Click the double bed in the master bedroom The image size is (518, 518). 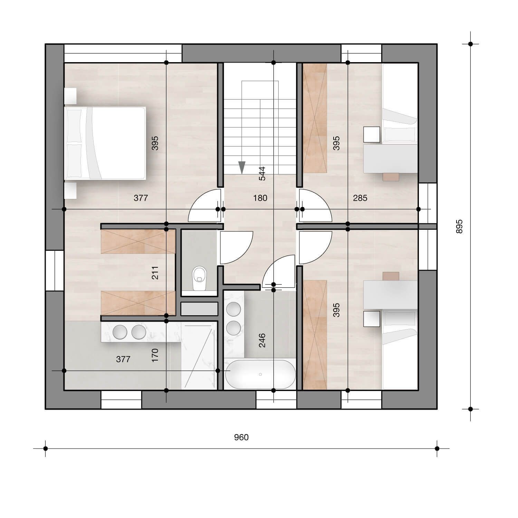tap(105, 143)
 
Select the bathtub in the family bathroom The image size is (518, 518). tap(260, 374)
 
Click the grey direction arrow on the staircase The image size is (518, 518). tap(242, 167)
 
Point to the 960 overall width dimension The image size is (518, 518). tap(241, 438)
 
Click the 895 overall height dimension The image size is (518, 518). tap(459, 227)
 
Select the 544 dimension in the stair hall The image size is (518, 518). tap(262, 174)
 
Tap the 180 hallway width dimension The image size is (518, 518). tap(260, 198)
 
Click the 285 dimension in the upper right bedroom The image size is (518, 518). tap(360, 198)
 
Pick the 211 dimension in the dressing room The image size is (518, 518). tap(155, 273)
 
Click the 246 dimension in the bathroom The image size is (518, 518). tap(262, 340)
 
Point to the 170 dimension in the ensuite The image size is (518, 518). tap(155, 355)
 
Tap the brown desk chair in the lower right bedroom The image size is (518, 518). tap(391, 276)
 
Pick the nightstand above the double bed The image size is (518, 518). tap(70, 96)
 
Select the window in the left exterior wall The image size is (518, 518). tap(55, 270)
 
